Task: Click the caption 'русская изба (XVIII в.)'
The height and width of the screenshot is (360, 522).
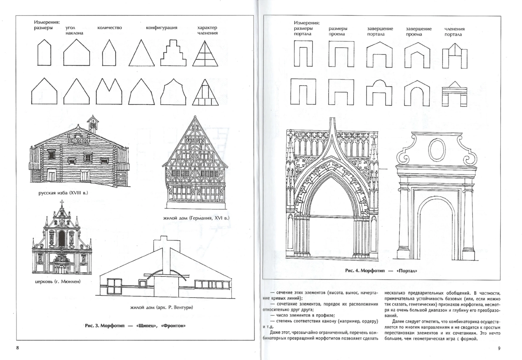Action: pos(63,193)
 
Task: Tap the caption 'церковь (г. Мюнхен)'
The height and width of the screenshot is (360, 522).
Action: pos(57,282)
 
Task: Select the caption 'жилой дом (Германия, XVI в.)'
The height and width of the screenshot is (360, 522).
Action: pos(196,218)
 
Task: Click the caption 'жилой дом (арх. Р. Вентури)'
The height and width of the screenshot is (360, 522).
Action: pos(161,307)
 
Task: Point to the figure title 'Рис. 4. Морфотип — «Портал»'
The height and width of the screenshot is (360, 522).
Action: pos(381,271)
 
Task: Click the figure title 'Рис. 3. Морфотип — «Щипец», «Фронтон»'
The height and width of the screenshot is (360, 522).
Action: pos(135,326)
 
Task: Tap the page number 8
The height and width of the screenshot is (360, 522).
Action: pos(17,348)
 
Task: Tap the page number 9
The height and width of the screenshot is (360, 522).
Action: pos(499,348)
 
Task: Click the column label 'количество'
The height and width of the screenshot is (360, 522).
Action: pos(110,28)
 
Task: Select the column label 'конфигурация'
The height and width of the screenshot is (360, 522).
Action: pos(161,28)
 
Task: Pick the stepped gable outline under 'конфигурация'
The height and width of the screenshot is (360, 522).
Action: pos(173,53)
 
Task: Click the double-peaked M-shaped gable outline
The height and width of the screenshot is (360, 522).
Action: pos(109,91)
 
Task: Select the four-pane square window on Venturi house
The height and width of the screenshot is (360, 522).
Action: pos(114,286)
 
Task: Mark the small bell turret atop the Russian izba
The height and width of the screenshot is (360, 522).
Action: pos(93,124)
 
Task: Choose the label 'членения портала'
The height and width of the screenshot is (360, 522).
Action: pos(455,32)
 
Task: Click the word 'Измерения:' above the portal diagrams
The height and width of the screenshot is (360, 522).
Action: pos(307,23)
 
